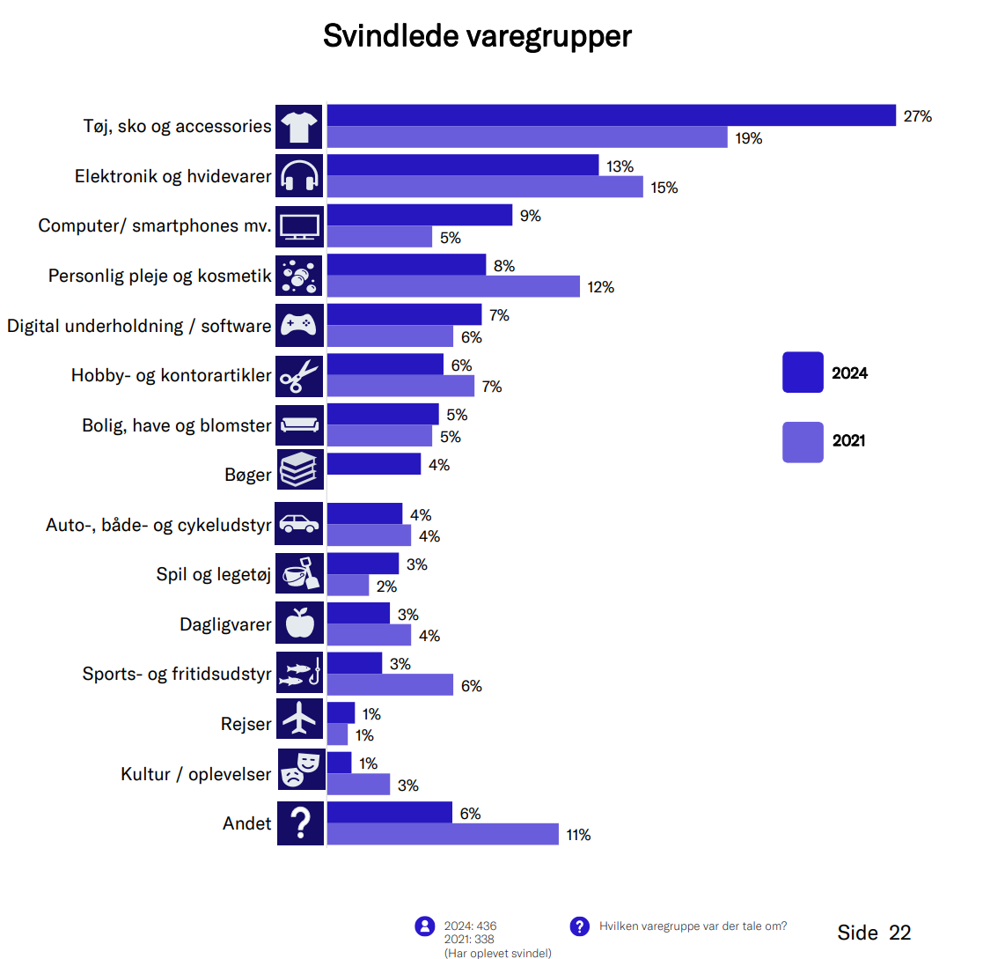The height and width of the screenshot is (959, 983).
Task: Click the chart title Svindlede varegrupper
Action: (477, 37)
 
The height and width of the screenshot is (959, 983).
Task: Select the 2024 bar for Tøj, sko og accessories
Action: (611, 115)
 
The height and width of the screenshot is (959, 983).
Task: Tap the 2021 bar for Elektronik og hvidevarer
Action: (485, 187)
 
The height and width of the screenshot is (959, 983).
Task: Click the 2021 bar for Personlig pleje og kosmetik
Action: (453, 286)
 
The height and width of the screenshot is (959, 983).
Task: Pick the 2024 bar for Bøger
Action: (374, 464)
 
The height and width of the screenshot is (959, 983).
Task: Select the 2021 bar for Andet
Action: (443, 834)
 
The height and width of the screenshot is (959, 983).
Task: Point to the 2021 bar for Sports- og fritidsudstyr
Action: (390, 685)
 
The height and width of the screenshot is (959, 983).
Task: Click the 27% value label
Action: (917, 116)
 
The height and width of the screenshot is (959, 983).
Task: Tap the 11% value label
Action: (578, 835)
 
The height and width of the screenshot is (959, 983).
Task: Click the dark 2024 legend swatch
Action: (803, 373)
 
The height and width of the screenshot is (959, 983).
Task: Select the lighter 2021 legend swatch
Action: (803, 441)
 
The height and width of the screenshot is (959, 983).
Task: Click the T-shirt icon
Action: (299, 127)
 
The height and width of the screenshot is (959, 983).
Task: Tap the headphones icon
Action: (299, 176)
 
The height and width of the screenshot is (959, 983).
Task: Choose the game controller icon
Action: (299, 326)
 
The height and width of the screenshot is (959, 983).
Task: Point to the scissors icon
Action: (299, 376)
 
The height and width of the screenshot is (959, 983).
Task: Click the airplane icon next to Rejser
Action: (299, 720)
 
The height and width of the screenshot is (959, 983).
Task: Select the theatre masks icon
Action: (299, 770)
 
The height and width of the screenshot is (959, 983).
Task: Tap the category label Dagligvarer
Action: (225, 625)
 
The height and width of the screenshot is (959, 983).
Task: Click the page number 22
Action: (899, 933)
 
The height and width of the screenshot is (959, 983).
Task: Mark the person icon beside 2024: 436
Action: (425, 926)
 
